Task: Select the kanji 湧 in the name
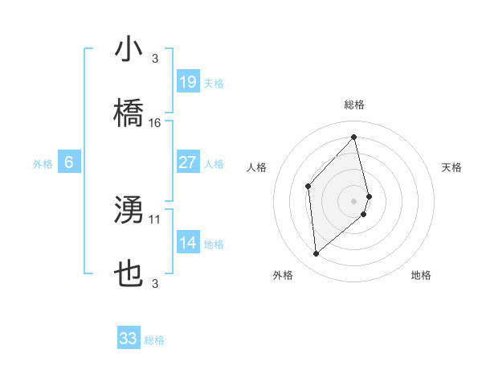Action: pyautogui.click(x=129, y=211)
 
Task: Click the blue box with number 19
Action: pyautogui.click(x=187, y=81)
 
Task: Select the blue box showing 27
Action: pyautogui.click(x=187, y=162)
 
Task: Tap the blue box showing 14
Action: pyautogui.click(x=187, y=242)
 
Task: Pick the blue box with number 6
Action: pyautogui.click(x=69, y=162)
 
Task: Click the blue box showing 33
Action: pyautogui.click(x=129, y=339)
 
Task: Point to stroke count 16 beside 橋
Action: pyautogui.click(x=155, y=123)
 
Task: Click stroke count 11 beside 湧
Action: pyautogui.click(x=155, y=219)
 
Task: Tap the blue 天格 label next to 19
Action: pyautogui.click(x=214, y=83)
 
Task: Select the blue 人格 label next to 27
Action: pyautogui.click(x=214, y=163)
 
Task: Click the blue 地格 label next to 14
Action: pyautogui.click(x=214, y=244)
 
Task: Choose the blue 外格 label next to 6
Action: pyautogui.click(x=43, y=164)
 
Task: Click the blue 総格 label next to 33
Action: pyautogui.click(x=154, y=340)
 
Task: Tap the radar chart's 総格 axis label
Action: pyautogui.click(x=354, y=105)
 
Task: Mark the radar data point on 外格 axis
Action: pyautogui.click(x=317, y=254)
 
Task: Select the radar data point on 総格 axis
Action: pyautogui.click(x=354, y=137)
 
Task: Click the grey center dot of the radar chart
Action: pyautogui.click(x=354, y=199)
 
